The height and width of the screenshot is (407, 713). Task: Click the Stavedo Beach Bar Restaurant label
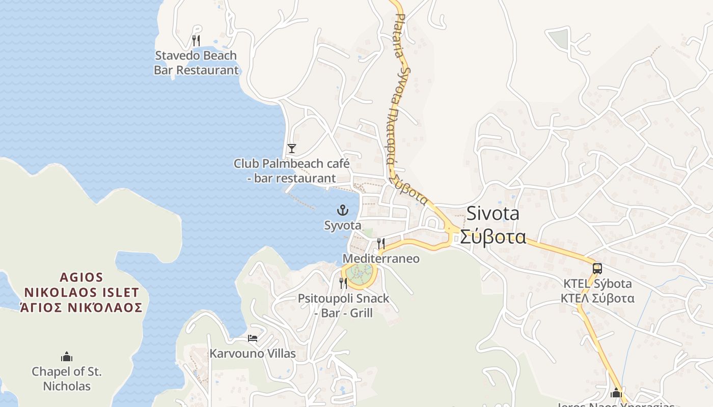196,63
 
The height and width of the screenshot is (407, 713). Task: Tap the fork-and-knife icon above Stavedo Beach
196,40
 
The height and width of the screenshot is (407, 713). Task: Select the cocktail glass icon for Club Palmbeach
291,149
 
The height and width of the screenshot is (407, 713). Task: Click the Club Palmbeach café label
291,171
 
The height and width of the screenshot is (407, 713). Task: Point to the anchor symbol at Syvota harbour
343,210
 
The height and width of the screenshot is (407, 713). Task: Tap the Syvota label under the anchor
343,225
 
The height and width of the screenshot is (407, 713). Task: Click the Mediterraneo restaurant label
381,259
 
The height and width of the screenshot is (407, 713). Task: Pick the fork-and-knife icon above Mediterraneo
381,244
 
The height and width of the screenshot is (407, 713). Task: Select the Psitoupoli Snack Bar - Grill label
343,305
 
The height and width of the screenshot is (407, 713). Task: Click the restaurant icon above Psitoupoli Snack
343,283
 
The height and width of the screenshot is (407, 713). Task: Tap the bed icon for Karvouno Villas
253,338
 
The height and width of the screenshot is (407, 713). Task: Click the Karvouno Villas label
253,354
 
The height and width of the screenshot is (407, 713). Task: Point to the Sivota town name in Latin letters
493,214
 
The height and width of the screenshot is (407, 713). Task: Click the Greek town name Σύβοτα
493,237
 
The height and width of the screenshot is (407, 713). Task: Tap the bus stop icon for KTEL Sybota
597,268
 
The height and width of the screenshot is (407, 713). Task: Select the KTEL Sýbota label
597,284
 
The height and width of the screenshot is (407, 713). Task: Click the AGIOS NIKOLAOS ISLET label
81,293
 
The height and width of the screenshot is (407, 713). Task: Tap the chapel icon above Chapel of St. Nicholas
67,357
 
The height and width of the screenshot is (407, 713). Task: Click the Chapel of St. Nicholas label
67,379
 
